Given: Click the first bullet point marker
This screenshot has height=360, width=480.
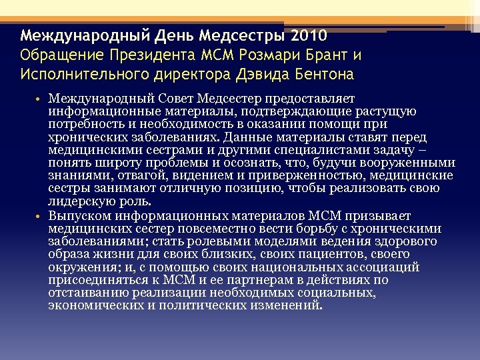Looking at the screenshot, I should coord(39,100).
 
